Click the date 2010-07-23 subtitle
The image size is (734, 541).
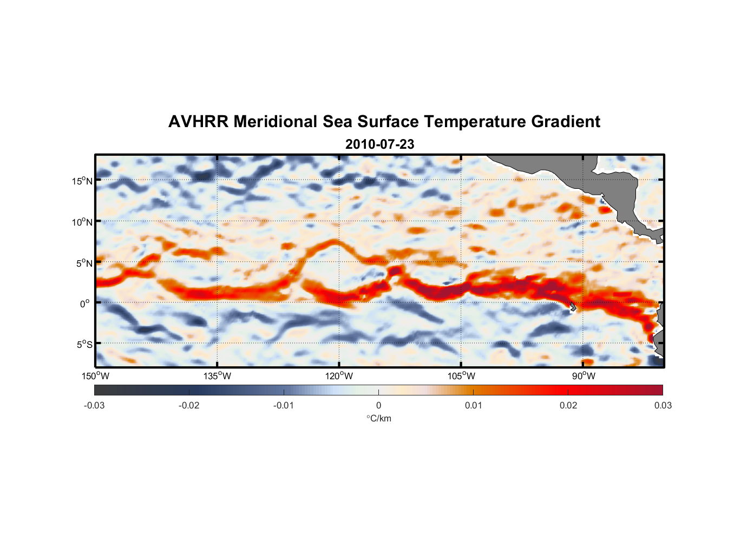pyautogui.click(x=379, y=144)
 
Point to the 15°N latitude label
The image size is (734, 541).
pyautogui.click(x=82, y=181)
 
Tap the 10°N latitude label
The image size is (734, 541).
pyautogui.click(x=82, y=222)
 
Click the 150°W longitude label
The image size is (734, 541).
pyautogui.click(x=96, y=376)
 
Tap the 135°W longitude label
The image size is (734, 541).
pyautogui.click(x=218, y=376)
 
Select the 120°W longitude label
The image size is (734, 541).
pyautogui.click(x=339, y=376)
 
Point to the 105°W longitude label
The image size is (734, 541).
pyautogui.click(x=461, y=376)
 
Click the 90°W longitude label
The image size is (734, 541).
pyautogui.click(x=584, y=376)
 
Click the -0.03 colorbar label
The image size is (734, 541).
pyautogui.click(x=94, y=405)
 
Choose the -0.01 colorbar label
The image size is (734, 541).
pyautogui.click(x=284, y=405)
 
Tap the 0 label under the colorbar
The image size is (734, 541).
pyautogui.click(x=378, y=405)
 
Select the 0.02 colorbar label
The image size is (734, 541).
pyautogui.click(x=568, y=405)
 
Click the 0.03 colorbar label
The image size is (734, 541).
pyautogui.click(x=663, y=405)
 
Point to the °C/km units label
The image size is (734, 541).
pyautogui.click(x=378, y=418)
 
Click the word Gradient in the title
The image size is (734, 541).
pyautogui.click(x=566, y=122)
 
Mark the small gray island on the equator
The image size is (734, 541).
pyautogui.click(x=572, y=306)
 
